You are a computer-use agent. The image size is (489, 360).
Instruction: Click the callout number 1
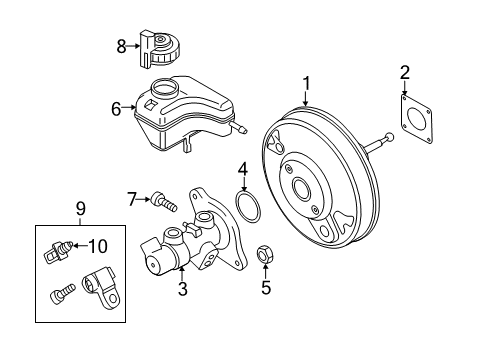coord(306,83)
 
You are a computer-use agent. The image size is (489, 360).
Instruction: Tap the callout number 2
coord(405,73)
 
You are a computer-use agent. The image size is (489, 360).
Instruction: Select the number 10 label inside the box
coord(98,246)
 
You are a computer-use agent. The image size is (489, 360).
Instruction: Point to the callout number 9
coord(81,209)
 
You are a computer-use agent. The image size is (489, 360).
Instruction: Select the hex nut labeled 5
coord(265,255)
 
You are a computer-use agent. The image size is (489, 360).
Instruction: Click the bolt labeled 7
coord(164,203)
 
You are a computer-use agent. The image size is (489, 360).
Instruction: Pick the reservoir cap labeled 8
coord(159,49)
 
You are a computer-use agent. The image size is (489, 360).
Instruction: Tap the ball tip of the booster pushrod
coord(389,137)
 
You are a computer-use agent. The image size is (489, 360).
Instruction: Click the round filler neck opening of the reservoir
coord(165,87)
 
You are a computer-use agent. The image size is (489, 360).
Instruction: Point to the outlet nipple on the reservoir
coord(239,128)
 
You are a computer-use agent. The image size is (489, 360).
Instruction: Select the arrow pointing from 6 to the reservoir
coord(129,107)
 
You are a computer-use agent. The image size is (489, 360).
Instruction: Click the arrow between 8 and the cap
coord(134,46)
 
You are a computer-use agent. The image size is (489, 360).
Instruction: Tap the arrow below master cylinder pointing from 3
coord(182,274)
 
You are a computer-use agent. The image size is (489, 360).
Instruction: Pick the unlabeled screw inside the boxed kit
coord(63,293)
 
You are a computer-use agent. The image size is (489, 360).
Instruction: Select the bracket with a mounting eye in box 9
coord(101,288)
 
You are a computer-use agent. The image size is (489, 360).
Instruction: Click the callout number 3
coord(183,289)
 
